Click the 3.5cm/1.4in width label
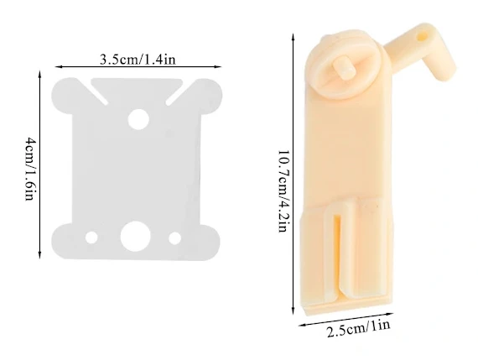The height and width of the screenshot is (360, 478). (x=138, y=59)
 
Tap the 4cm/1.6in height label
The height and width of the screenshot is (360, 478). (x=30, y=169)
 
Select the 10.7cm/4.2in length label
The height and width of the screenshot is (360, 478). (x=283, y=191)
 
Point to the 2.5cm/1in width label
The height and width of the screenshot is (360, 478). (x=359, y=328)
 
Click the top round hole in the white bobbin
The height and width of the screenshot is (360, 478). (x=138, y=119)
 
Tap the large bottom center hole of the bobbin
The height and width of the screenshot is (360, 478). (x=135, y=237)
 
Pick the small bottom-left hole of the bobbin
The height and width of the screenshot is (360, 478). (x=91, y=237)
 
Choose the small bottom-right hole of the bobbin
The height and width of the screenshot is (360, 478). (x=175, y=238)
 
